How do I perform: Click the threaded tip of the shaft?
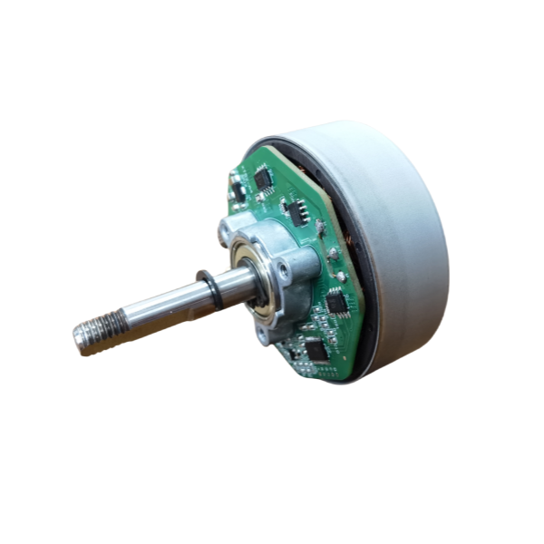click(92, 338)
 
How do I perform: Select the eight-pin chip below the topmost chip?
click(296, 210)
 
